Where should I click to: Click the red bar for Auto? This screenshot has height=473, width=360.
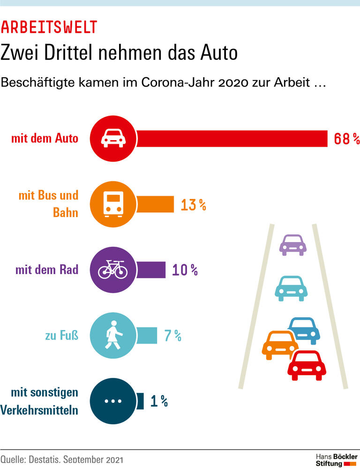232,139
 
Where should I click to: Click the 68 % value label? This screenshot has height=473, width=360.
346,139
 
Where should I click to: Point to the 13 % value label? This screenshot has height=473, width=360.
193,205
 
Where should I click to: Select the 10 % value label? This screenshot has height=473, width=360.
185,270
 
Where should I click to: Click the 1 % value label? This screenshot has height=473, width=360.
159,401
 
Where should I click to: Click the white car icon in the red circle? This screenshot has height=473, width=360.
112,139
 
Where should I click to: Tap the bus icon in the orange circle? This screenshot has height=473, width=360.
112,205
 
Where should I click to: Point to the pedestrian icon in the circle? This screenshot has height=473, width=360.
112,335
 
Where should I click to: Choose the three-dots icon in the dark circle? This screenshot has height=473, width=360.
112,401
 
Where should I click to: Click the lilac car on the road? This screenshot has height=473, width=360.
292,244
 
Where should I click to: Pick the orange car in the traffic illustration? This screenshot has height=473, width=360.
280,345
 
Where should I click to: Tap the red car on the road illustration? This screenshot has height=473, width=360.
307,365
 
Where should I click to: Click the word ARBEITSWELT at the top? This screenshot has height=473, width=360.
49,27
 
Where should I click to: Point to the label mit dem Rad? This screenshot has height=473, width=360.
46,270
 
